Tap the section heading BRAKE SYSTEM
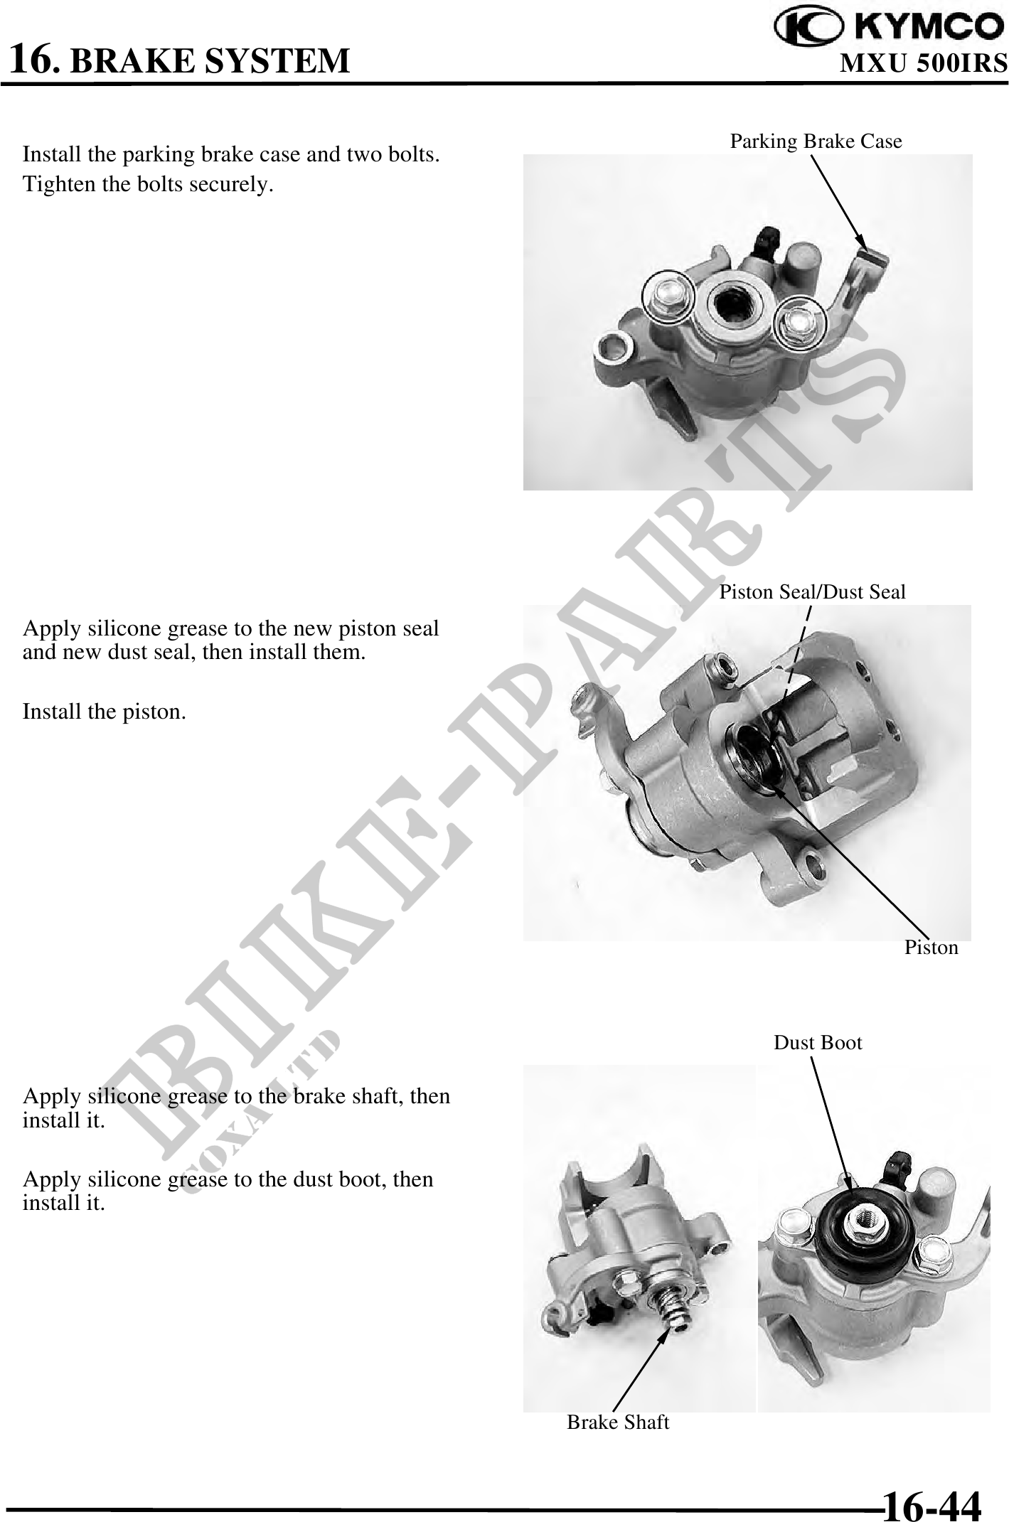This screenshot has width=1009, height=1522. click(x=211, y=61)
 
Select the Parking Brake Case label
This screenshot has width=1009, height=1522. click(x=816, y=141)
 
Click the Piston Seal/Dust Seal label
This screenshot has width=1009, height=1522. click(x=813, y=591)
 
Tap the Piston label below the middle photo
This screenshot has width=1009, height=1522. click(x=931, y=948)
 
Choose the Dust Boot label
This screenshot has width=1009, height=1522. click(x=818, y=1043)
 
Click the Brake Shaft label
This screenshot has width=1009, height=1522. click(x=618, y=1422)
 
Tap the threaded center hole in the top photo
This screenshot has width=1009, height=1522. click(x=731, y=305)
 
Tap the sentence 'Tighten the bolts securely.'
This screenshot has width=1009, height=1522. click(x=148, y=185)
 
